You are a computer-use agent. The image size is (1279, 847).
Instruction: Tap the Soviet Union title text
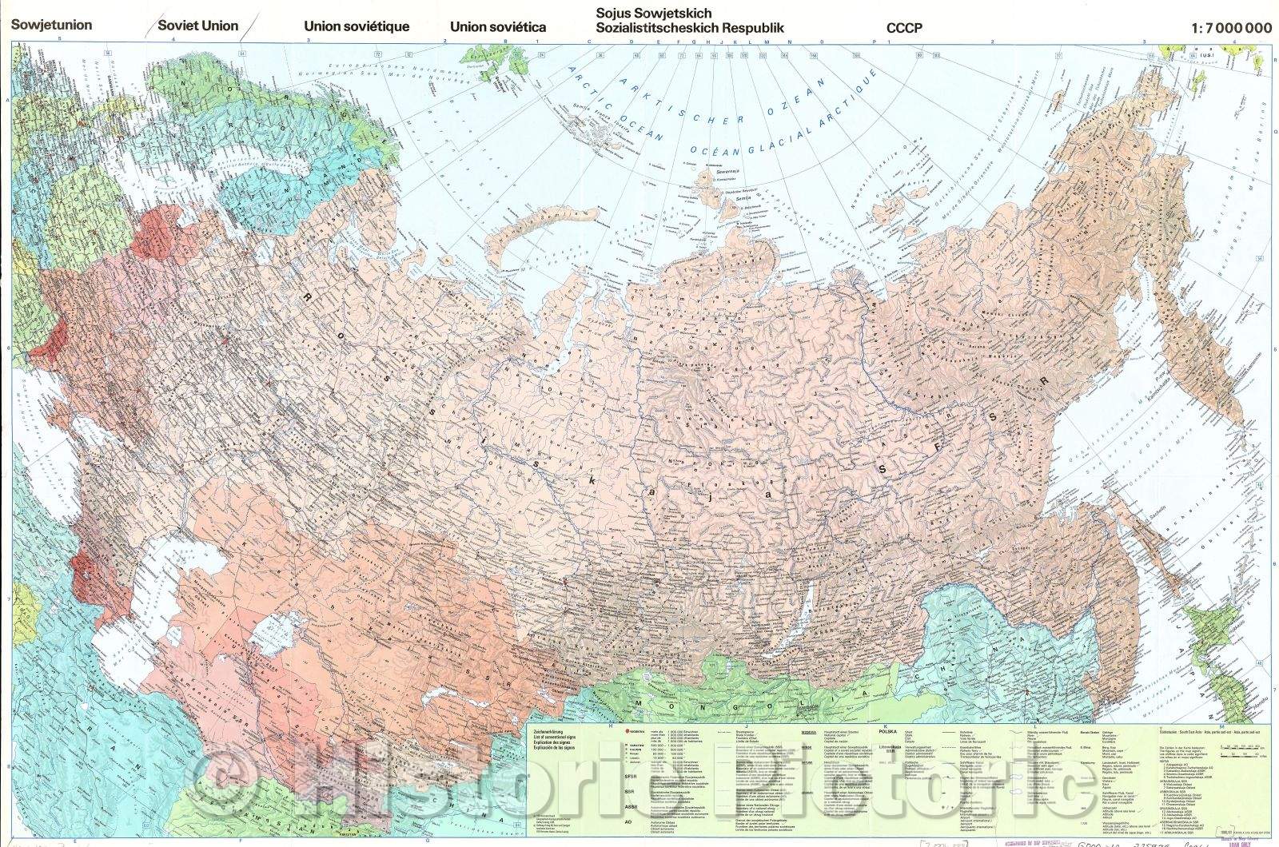point(197,26)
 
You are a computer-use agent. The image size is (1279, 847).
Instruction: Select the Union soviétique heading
point(357,26)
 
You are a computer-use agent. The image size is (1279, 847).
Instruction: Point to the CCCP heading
point(904,28)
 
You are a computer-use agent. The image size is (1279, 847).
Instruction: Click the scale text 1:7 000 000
point(1230,27)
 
